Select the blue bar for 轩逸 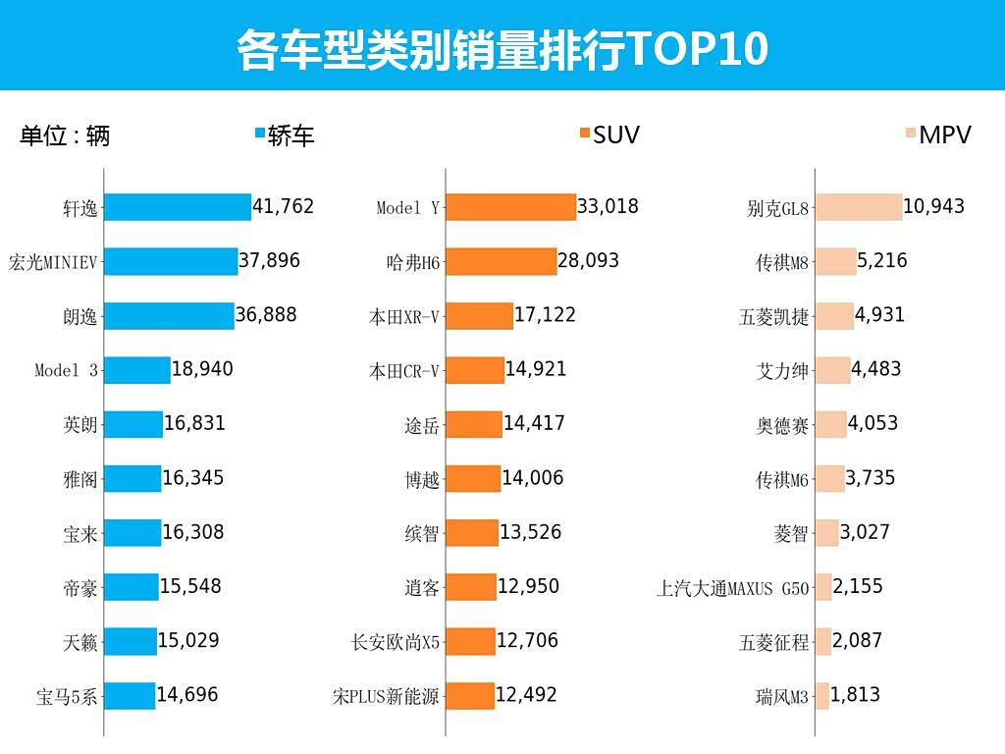click(178, 207)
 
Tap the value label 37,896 click(270, 261)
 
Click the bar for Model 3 click(137, 370)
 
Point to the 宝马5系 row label click(67, 697)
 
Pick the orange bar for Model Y click(511, 207)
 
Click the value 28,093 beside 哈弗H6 click(590, 261)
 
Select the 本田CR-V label click(404, 371)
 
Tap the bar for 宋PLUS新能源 click(470, 696)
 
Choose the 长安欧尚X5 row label click(396, 643)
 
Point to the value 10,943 click(934, 207)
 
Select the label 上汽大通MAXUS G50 click(733, 589)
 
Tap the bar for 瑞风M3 click(822, 696)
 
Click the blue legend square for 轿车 click(260, 135)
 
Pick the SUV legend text click(615, 135)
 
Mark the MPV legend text click(945, 135)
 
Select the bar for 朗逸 click(169, 316)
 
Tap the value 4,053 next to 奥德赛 click(873, 424)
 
